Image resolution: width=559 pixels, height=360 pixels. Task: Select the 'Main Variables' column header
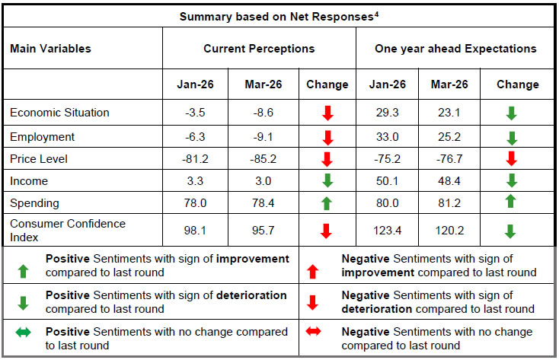point(50,49)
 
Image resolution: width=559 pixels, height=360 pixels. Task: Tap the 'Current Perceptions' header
point(259,49)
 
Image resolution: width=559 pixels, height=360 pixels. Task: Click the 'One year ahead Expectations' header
point(455,49)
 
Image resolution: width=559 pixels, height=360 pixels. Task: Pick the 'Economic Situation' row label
point(59,113)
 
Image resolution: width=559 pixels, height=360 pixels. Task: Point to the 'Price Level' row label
point(38,159)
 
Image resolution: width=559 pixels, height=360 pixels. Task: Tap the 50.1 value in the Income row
point(388,181)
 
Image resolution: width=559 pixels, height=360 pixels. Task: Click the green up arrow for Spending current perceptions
point(327,203)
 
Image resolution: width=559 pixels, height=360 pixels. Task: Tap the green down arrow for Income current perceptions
point(327,181)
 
